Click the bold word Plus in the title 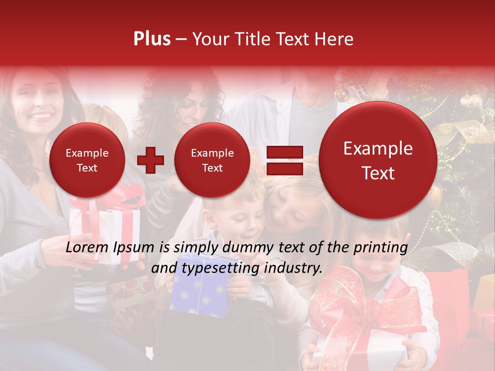(152, 39)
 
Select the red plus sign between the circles (150, 160)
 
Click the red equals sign (284, 160)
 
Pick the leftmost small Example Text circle (87, 160)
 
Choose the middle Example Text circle (212, 160)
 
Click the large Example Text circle (378, 160)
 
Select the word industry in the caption (292, 268)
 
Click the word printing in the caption (381, 248)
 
